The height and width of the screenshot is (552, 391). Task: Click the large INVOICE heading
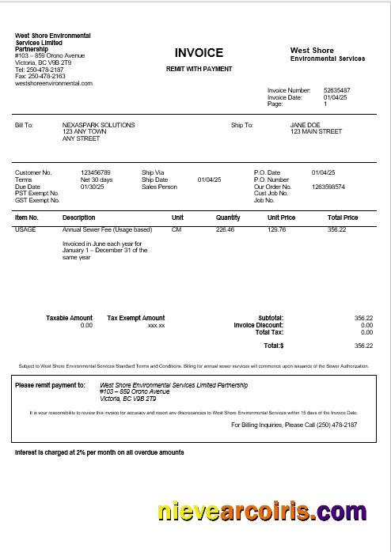(199, 53)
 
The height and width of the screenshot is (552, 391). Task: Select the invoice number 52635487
(336, 90)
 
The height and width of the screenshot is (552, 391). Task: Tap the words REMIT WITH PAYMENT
(199, 70)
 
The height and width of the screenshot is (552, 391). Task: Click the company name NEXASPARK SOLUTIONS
(98, 125)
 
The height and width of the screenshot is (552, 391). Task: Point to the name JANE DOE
(305, 125)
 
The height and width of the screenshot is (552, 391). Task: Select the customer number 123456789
(96, 172)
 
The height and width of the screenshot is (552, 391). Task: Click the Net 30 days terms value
(97, 180)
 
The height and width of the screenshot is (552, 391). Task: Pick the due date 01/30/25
(93, 187)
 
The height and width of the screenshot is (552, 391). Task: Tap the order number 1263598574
(328, 187)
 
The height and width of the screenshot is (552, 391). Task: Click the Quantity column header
(228, 217)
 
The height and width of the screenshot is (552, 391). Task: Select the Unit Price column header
(281, 217)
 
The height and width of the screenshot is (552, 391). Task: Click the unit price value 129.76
(277, 229)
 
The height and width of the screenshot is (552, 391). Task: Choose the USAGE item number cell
(25, 229)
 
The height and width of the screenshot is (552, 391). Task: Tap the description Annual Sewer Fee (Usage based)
(107, 229)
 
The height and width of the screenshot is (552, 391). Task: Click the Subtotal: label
(271, 318)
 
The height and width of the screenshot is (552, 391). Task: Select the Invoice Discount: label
(259, 325)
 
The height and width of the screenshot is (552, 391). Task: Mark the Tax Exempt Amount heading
(136, 318)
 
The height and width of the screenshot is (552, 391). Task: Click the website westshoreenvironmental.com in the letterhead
(54, 83)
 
